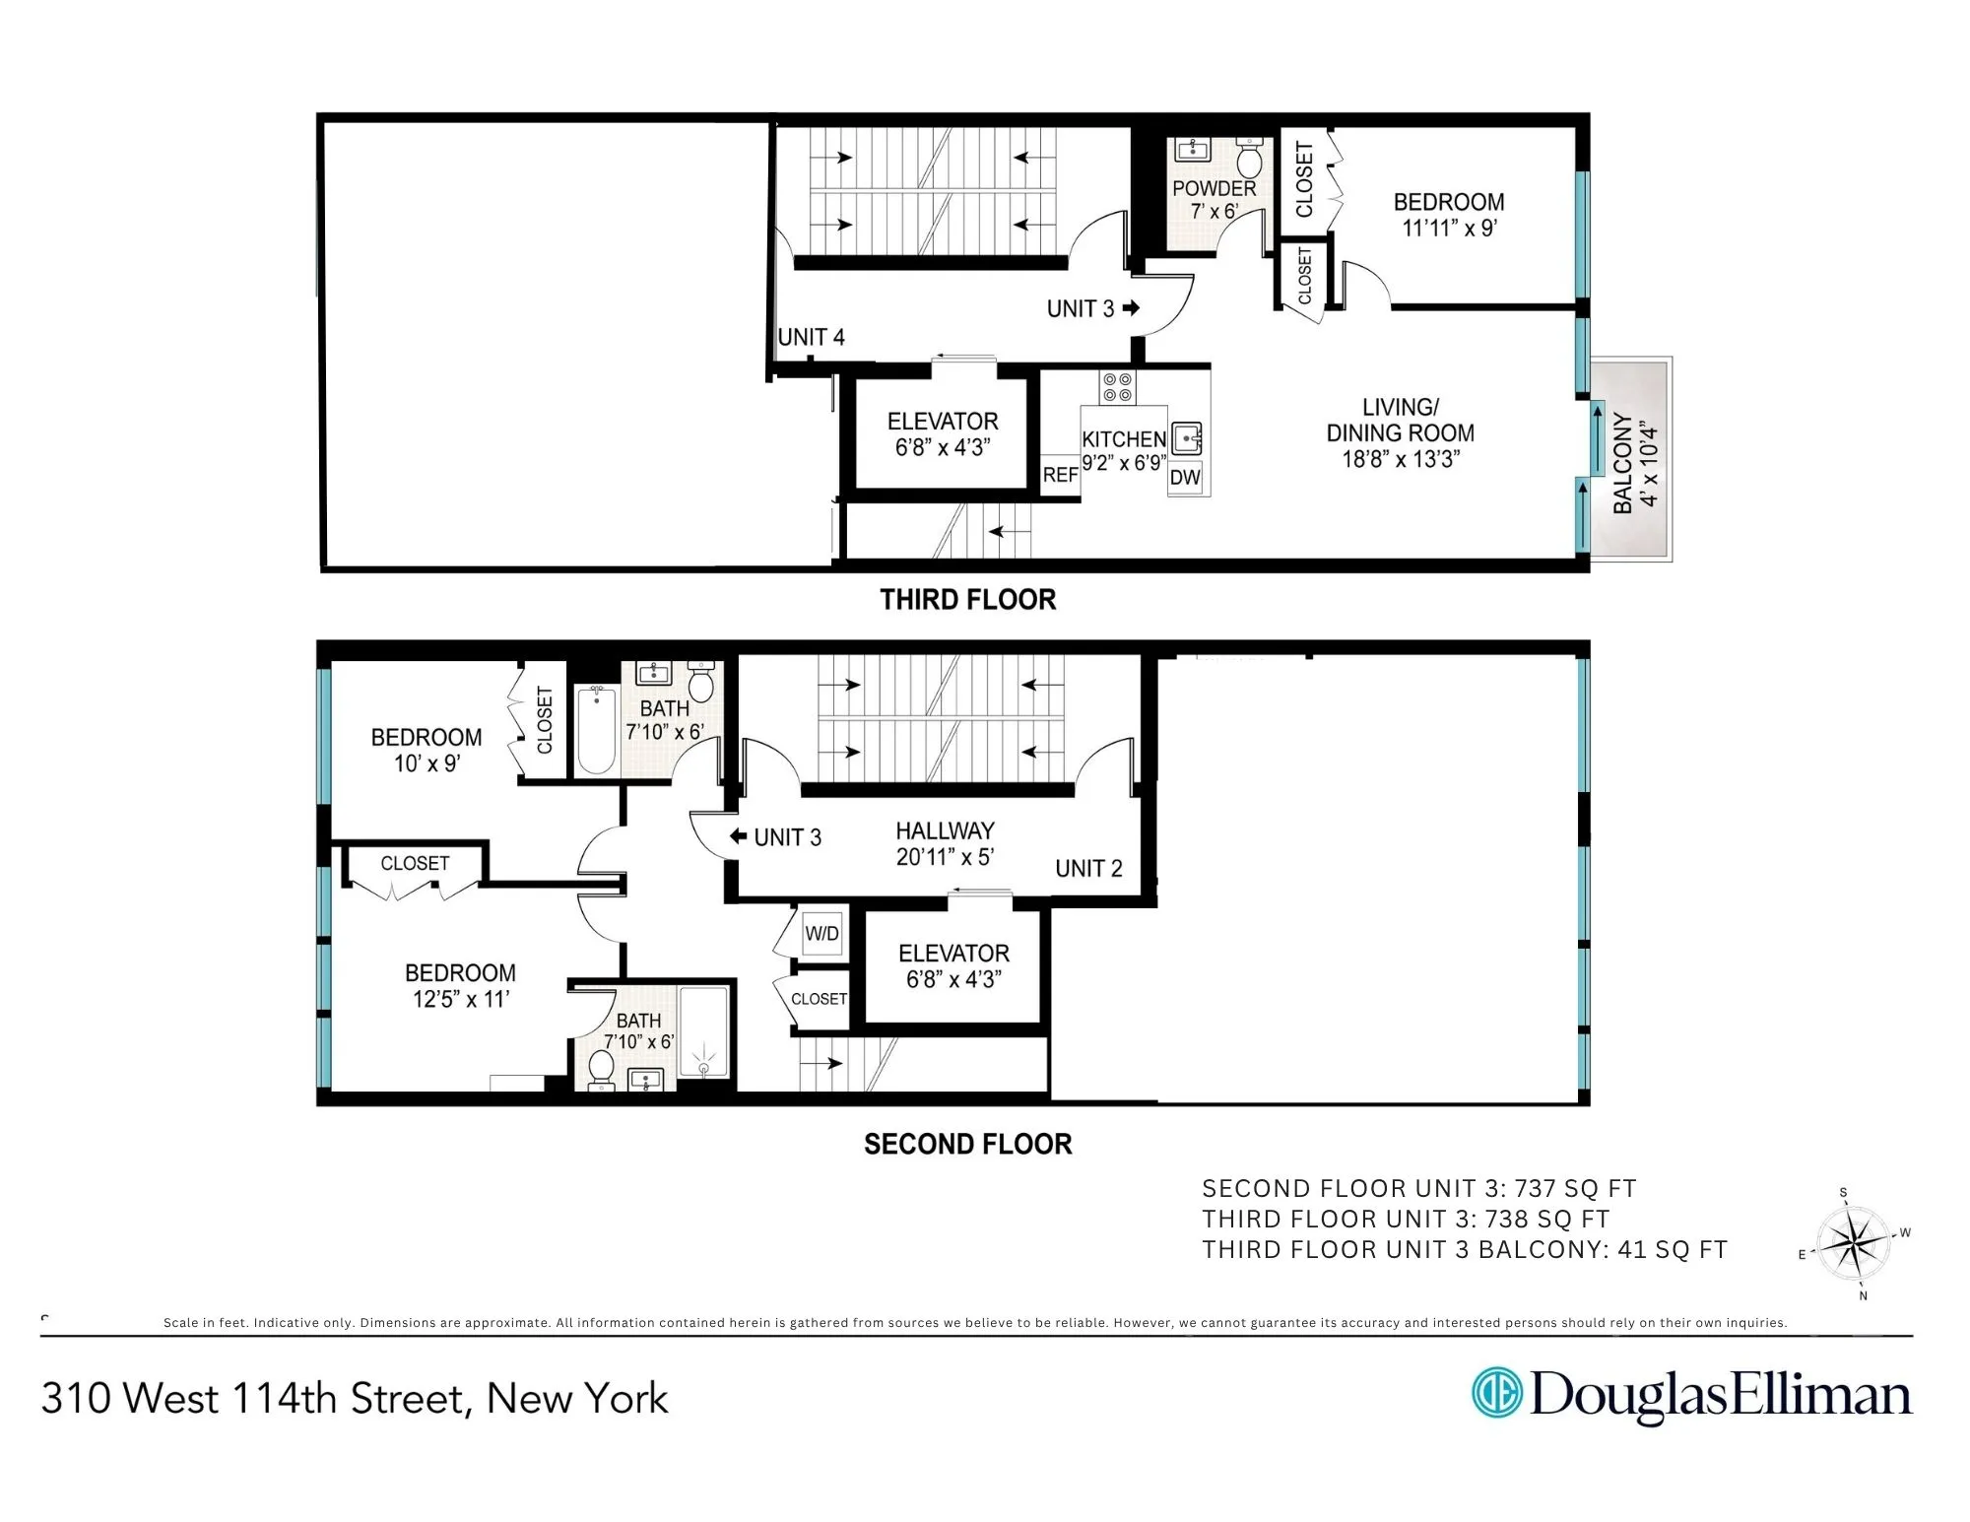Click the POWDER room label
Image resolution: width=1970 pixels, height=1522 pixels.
pos(1214,188)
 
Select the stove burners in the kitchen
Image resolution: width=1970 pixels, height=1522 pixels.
pos(1118,387)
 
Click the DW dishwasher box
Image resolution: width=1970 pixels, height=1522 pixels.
pos(1185,478)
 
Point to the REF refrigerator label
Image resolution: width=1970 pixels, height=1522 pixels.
pos(1060,475)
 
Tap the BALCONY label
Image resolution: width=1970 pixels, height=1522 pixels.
pos(1623,463)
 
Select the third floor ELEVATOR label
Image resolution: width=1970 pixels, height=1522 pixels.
pos(943,422)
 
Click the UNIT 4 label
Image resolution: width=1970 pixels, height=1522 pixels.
pos(811,337)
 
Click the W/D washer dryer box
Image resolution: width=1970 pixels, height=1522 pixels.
pos(822,933)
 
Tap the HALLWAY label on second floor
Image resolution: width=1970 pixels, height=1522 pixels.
pos(945,831)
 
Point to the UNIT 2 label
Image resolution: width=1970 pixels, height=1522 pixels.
pos(1088,868)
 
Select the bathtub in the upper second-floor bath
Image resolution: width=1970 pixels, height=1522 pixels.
pos(596,731)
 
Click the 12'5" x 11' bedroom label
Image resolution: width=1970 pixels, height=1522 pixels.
pos(460,986)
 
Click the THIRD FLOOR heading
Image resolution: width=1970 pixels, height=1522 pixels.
pos(967,600)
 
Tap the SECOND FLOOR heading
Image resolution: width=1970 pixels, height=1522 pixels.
pos(967,1144)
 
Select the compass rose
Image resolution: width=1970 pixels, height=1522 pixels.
pos(1853,1243)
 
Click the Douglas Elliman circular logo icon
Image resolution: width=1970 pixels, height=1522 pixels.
pos(1496,1393)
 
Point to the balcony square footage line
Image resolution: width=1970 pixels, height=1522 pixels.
pos(1464,1249)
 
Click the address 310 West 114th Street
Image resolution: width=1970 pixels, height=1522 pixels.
pos(355,1398)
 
